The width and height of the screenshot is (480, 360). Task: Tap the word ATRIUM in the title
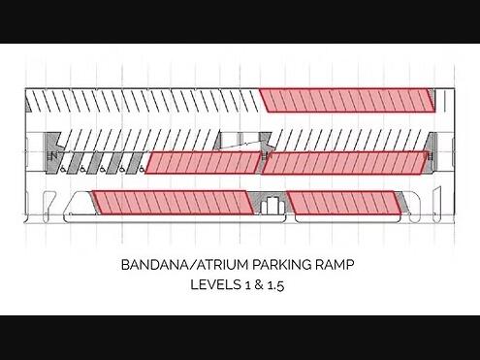223,265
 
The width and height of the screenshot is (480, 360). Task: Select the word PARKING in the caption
281,265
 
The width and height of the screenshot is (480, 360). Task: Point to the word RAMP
335,265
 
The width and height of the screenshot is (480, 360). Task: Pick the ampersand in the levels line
259,285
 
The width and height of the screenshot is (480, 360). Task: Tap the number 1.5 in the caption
276,285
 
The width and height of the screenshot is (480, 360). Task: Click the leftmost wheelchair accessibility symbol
62,169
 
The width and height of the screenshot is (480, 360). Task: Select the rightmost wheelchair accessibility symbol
142,169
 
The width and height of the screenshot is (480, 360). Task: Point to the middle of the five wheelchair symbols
102,169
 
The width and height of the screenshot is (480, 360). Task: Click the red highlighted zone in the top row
347,101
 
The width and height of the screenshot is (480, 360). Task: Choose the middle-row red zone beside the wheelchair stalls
203,163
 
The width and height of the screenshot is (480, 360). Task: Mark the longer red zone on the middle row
345,163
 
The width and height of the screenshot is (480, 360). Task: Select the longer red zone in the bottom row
173,203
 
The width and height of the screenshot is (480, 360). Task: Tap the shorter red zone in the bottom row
344,203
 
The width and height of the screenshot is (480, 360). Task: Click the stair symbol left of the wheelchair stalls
51,156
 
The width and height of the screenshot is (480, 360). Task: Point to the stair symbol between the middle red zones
266,156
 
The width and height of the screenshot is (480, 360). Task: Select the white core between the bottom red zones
272,206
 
